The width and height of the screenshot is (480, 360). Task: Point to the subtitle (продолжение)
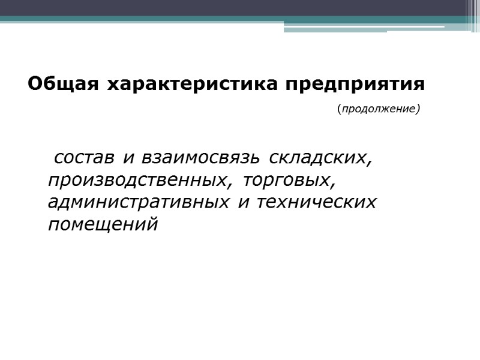(x=379, y=109)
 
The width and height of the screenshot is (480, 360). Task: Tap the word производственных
(x=137, y=180)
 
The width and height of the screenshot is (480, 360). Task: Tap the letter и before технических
(x=244, y=203)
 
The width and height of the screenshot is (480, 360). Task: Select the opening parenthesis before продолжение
(x=339, y=109)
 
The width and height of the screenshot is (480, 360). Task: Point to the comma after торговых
(x=332, y=185)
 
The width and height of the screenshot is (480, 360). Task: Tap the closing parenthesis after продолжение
(x=418, y=109)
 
